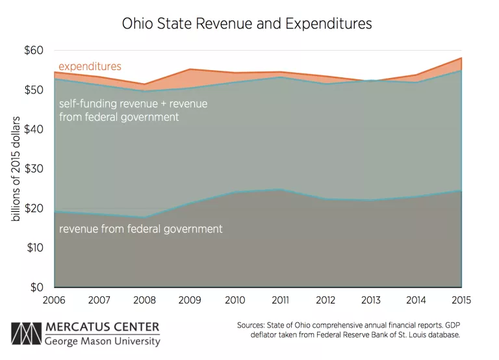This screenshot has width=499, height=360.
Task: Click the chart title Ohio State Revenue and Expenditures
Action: pos(248,24)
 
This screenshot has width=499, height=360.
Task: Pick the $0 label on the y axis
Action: pos(38,287)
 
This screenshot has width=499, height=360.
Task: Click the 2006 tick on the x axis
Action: pos(55,300)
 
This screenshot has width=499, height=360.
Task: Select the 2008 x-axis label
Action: pos(145,300)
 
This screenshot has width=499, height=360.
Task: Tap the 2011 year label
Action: pos(280,300)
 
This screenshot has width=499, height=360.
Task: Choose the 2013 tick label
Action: pos(370,300)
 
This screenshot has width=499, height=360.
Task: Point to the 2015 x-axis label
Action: pos(460,300)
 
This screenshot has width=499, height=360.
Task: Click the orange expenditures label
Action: pos(90,66)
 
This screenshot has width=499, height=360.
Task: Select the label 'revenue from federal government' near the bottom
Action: pos(141,229)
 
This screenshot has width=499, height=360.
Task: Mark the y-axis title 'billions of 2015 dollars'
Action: pos(16,169)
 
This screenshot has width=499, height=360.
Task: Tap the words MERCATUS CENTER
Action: pos(102,326)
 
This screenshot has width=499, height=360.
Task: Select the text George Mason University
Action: pos(102,341)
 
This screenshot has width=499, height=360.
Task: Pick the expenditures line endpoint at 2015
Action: pos(461,58)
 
